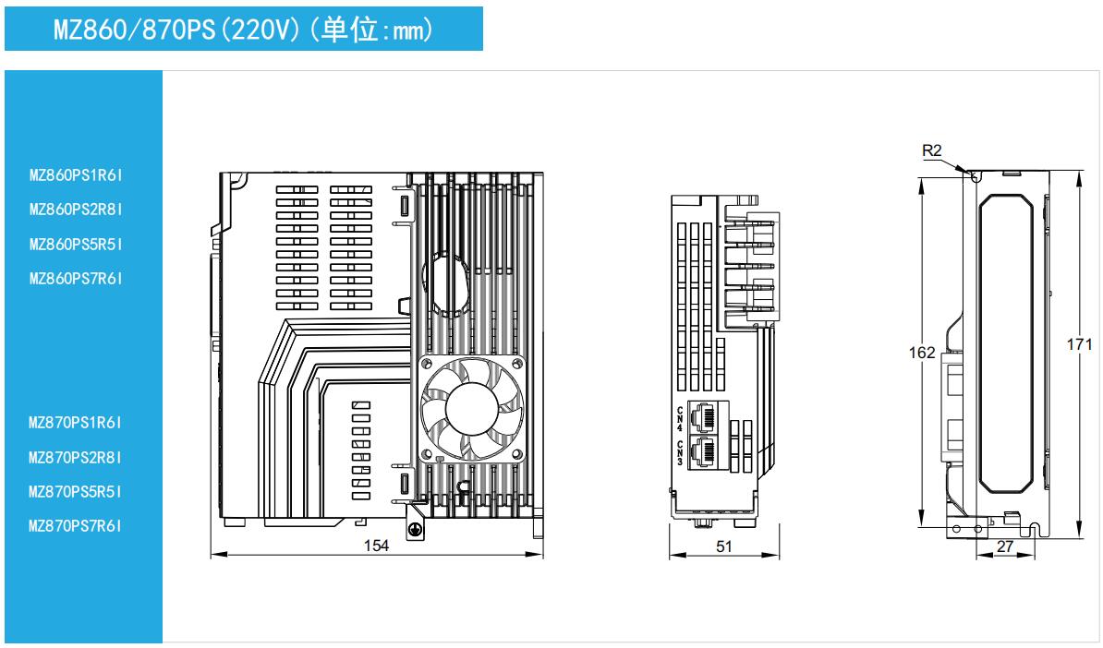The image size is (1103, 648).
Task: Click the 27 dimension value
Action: coord(1006,547)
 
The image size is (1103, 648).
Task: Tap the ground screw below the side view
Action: coord(416,530)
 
